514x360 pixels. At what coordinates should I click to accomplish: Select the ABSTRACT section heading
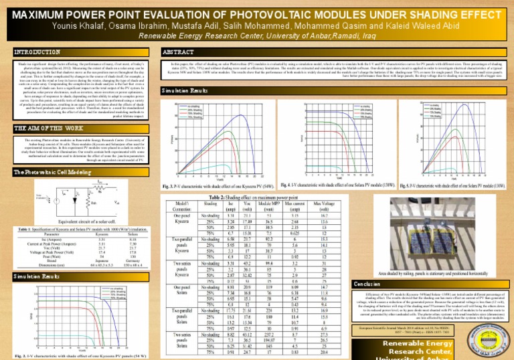point(173,52)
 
